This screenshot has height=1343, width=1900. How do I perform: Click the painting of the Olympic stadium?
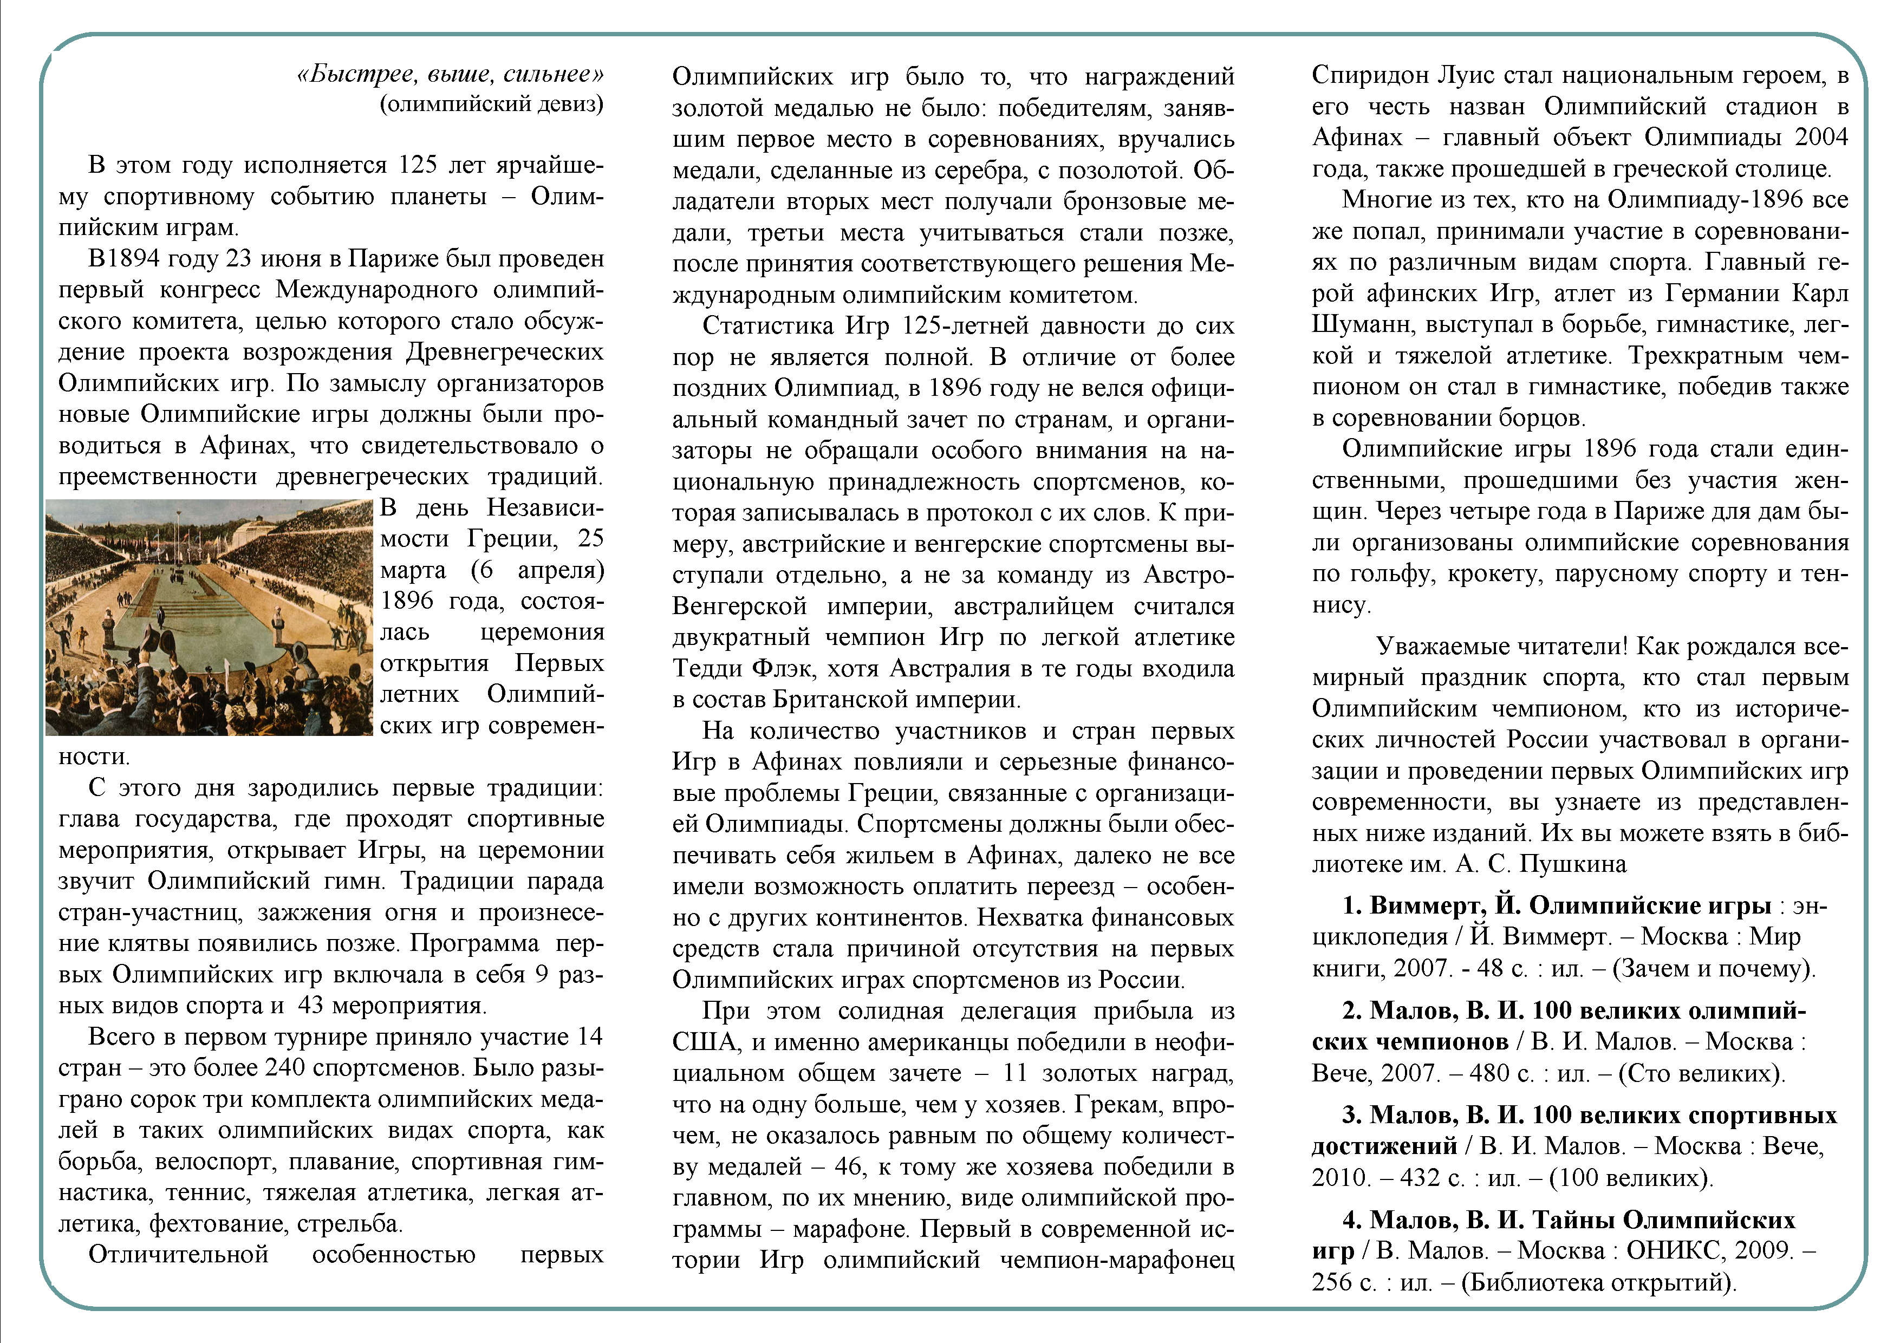tap(210, 617)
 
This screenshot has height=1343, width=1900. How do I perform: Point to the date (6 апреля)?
tap(537, 570)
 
